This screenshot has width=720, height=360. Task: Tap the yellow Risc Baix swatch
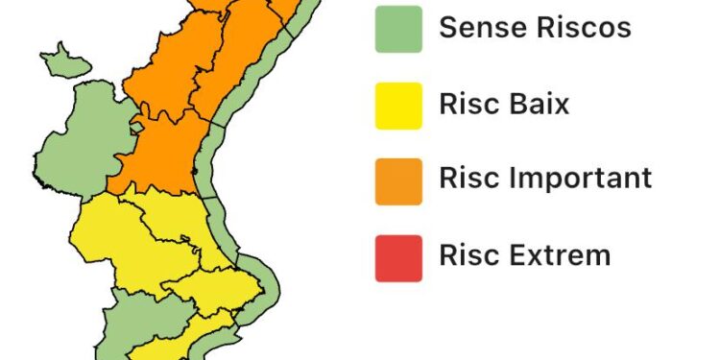click(x=398, y=105)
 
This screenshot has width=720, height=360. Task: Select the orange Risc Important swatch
click(x=398, y=180)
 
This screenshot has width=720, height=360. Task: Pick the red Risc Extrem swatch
click(x=398, y=257)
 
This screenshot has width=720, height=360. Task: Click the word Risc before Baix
click(x=466, y=104)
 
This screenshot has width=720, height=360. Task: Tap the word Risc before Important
click(x=466, y=179)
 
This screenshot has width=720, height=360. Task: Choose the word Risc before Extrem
click(x=466, y=255)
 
